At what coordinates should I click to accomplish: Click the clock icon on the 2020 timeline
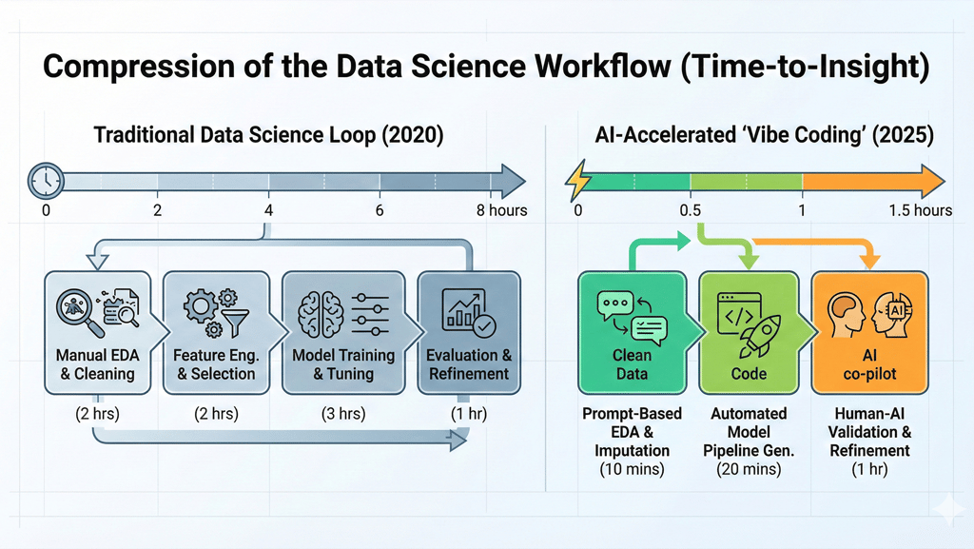(46, 181)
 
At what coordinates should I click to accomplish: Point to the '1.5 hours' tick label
(919, 210)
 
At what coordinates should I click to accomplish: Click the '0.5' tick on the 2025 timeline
(692, 210)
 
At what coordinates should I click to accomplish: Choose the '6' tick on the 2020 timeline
(380, 210)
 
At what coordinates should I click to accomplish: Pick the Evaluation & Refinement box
(469, 332)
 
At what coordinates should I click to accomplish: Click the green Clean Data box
(633, 332)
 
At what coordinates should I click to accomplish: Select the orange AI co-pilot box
(868, 332)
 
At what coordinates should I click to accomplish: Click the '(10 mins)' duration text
(632, 468)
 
